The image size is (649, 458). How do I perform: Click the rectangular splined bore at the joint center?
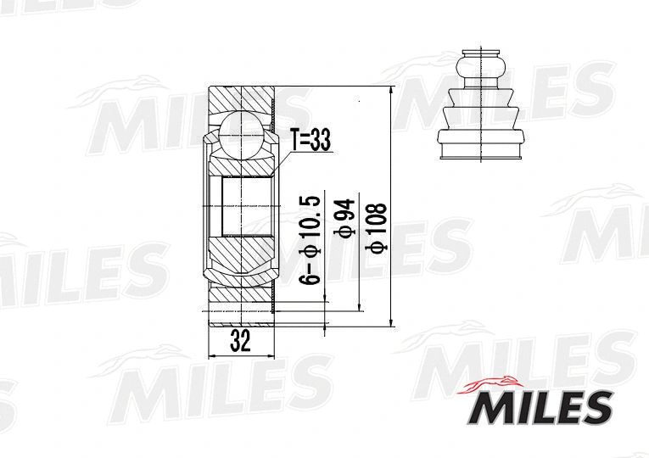(x=246, y=206)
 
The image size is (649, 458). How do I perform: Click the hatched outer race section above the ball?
(x=242, y=100)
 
